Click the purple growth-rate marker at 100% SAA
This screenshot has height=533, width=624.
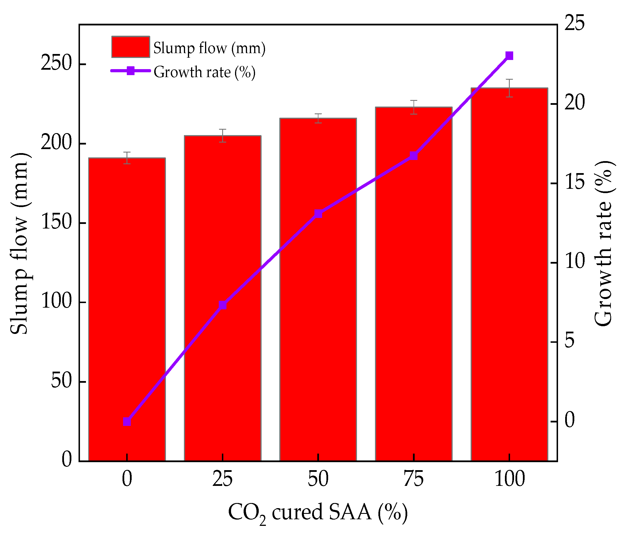coord(509,56)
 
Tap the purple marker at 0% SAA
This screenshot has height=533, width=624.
coord(127,422)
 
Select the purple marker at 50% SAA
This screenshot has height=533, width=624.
coord(318,214)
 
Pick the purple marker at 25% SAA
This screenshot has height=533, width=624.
coord(222,305)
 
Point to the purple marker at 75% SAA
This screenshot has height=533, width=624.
coord(414,156)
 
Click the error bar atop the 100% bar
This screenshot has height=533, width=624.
coord(509,88)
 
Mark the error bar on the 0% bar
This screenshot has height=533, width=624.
coord(127,158)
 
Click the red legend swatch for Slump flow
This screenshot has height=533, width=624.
coord(131,47)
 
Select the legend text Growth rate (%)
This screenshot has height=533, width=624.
coord(204,72)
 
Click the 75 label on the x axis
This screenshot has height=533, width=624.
coord(414,479)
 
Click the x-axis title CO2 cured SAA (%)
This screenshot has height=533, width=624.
coord(318,512)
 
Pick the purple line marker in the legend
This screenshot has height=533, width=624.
coord(131,71)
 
